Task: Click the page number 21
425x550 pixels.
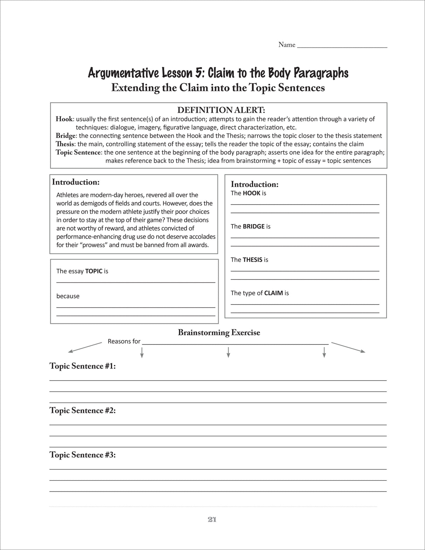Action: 212,520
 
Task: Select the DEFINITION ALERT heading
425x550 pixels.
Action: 221,110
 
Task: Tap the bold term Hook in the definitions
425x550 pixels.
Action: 64,119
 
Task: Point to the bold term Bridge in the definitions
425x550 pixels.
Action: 65,136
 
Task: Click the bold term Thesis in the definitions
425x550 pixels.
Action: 65,144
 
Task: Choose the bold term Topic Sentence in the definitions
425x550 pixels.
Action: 78,152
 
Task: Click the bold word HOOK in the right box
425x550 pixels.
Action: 252,193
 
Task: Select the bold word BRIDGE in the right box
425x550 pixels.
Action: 253,227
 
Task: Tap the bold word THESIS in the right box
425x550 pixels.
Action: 252,260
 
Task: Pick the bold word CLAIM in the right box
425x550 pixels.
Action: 273,293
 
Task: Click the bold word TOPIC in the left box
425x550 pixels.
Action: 93,271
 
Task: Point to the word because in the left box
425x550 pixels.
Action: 68,296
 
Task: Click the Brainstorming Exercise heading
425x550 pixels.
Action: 219,333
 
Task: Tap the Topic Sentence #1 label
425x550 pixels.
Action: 83,366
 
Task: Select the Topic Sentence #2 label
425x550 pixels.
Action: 83,411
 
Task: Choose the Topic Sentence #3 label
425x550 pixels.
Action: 83,455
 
